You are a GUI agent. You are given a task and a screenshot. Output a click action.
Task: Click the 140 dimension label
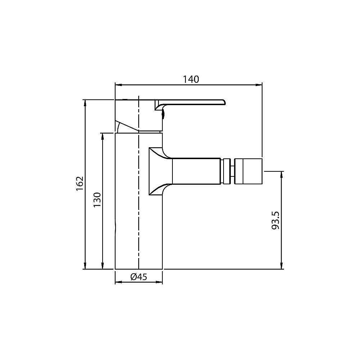tap(191, 79)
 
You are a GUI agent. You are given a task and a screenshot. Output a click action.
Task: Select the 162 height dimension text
tap(80, 184)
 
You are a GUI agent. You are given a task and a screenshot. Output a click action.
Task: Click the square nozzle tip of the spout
tap(248, 171)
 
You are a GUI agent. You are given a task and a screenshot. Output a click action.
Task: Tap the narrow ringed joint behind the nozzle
tap(227, 171)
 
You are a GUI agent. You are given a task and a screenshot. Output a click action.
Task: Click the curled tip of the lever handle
tap(222, 102)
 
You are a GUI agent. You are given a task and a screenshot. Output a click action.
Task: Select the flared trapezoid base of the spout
tap(160, 171)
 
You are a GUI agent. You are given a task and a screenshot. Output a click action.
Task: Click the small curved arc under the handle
tap(118, 127)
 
